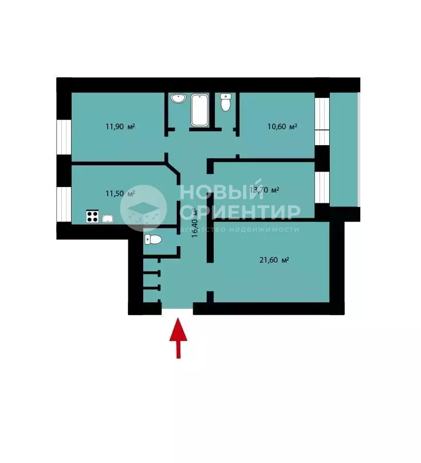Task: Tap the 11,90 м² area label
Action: pos(120,127)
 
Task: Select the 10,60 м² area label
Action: pos(282,127)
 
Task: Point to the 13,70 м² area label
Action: pos(264,190)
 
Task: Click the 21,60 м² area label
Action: pos(274,260)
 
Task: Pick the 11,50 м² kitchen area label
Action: pos(120,194)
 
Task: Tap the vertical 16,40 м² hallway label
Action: pos(194,223)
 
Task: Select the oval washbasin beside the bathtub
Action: pos(178,98)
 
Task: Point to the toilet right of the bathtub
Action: pos(226,102)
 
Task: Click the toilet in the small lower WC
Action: pos(154,239)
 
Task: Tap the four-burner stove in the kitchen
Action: pos(92,216)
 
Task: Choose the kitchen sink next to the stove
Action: pos(108,218)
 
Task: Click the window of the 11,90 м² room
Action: pos(64,137)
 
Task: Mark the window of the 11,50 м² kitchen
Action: pos(64,204)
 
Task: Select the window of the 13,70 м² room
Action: pos(322,187)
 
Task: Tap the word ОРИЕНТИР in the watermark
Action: pos(240,212)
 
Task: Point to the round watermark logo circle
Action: pos(144,208)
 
